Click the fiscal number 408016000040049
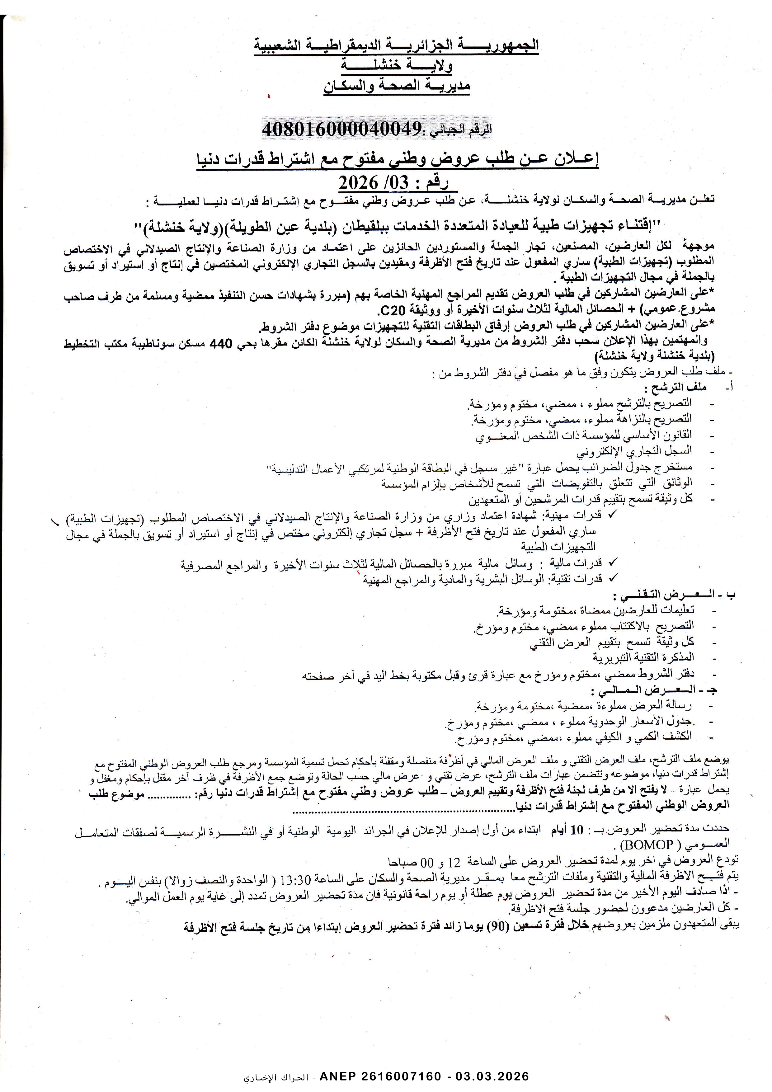pos(342,129)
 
